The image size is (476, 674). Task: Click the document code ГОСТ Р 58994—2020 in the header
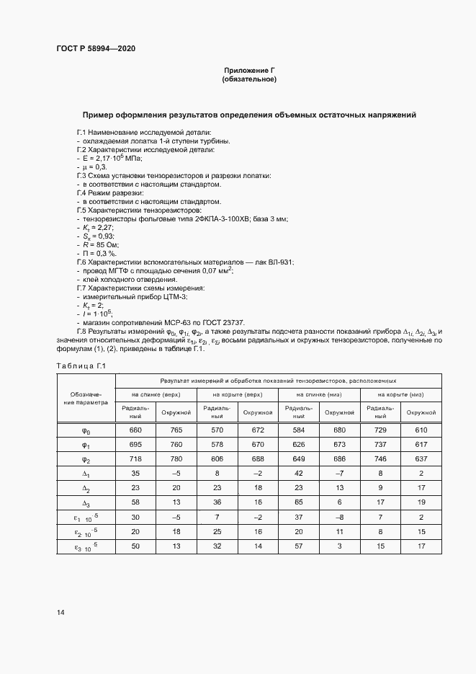point(95,48)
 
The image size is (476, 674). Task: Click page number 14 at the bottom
point(60,612)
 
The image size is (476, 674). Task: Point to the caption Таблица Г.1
point(81,366)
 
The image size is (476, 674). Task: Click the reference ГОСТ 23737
point(223,322)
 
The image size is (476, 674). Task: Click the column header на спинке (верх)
point(155,395)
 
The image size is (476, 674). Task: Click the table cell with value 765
point(176,430)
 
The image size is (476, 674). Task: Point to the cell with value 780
point(176,460)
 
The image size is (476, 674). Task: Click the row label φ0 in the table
point(86,430)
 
